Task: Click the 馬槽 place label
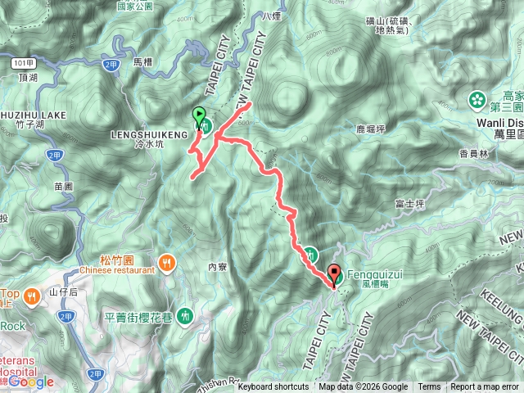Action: [142, 61]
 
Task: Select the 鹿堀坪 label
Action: [348, 129]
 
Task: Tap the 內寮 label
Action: [217, 266]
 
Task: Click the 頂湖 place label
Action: [27, 77]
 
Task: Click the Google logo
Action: [30, 382]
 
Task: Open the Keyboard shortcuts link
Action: [273, 387]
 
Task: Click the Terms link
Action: [429, 387]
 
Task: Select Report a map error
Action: [485, 387]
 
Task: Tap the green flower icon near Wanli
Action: [477, 100]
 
